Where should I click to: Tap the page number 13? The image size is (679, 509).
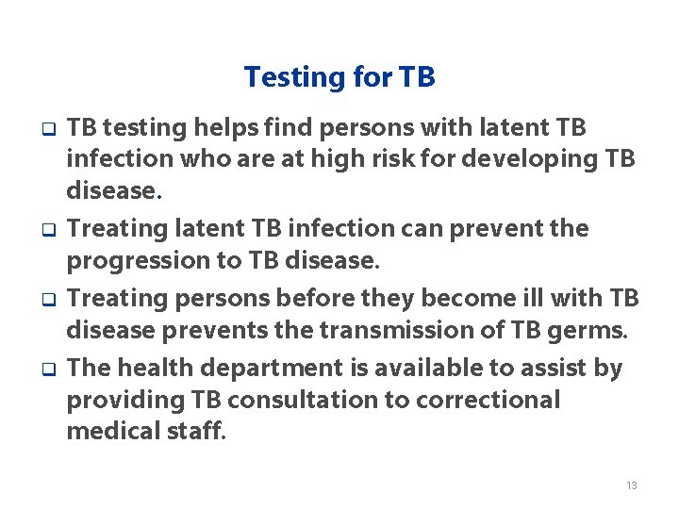tap(631, 485)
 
